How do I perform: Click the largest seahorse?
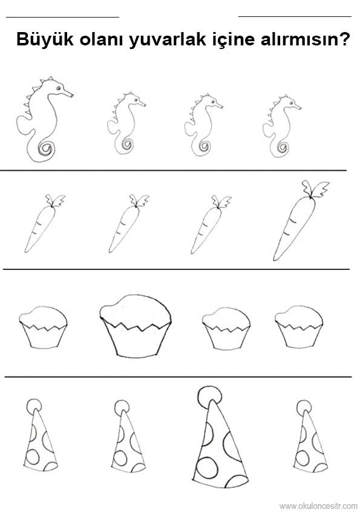click(45, 120)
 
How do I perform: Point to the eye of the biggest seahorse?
click(59, 88)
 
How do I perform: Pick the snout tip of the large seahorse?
click(72, 96)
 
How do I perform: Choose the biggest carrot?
click(301, 220)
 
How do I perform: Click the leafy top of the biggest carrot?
click(315, 189)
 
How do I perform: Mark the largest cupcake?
click(135, 326)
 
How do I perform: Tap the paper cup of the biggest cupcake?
click(135, 340)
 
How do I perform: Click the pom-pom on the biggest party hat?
click(209, 396)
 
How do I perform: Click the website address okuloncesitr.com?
click(318, 506)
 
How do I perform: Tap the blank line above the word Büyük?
click(63, 17)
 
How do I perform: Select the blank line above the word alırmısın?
click(295, 16)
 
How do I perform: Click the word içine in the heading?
click(233, 40)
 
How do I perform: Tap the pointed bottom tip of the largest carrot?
click(275, 259)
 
